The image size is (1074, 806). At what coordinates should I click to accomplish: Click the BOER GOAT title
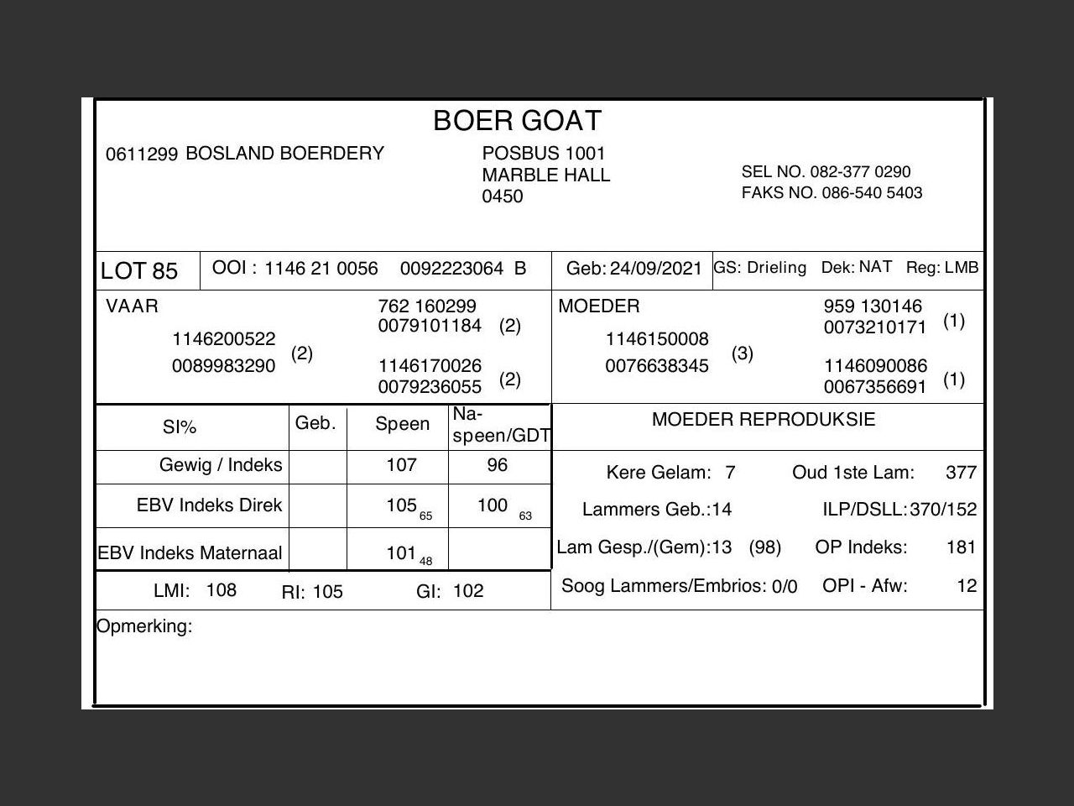(x=517, y=122)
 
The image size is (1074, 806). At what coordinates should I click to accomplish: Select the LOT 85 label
(x=139, y=271)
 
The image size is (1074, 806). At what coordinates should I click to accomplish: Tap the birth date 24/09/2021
(x=655, y=269)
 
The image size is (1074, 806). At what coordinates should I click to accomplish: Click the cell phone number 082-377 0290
(x=860, y=172)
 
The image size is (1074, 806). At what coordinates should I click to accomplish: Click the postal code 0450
(x=502, y=196)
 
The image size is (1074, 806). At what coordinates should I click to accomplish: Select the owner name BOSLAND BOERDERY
(x=284, y=154)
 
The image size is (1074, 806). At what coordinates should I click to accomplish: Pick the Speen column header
(x=402, y=425)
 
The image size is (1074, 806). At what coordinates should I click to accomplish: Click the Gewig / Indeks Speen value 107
(x=401, y=465)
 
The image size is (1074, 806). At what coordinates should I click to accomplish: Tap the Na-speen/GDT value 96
(x=498, y=465)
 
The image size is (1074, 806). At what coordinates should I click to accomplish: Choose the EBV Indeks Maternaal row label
(x=190, y=553)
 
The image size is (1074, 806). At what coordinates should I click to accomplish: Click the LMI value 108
(x=222, y=590)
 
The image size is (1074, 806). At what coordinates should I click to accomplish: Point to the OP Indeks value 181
(x=961, y=547)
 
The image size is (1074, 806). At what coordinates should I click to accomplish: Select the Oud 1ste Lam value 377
(x=961, y=473)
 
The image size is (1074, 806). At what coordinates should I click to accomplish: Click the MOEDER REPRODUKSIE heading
(x=763, y=420)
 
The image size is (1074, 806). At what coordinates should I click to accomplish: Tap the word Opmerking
(x=144, y=626)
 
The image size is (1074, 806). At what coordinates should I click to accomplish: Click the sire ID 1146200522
(x=224, y=339)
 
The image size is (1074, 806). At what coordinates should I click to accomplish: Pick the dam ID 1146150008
(x=657, y=339)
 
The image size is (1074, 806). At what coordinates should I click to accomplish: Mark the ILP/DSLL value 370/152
(x=943, y=510)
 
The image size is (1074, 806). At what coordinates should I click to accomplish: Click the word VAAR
(x=132, y=306)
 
